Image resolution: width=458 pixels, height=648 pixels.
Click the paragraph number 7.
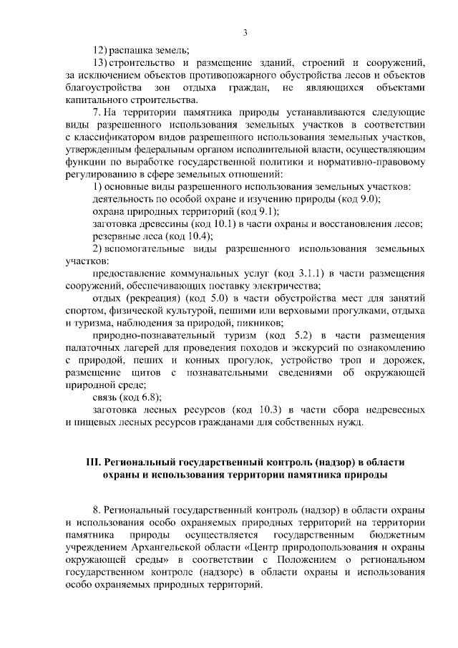pos(96,112)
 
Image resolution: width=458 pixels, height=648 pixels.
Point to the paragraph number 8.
pos(96,511)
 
